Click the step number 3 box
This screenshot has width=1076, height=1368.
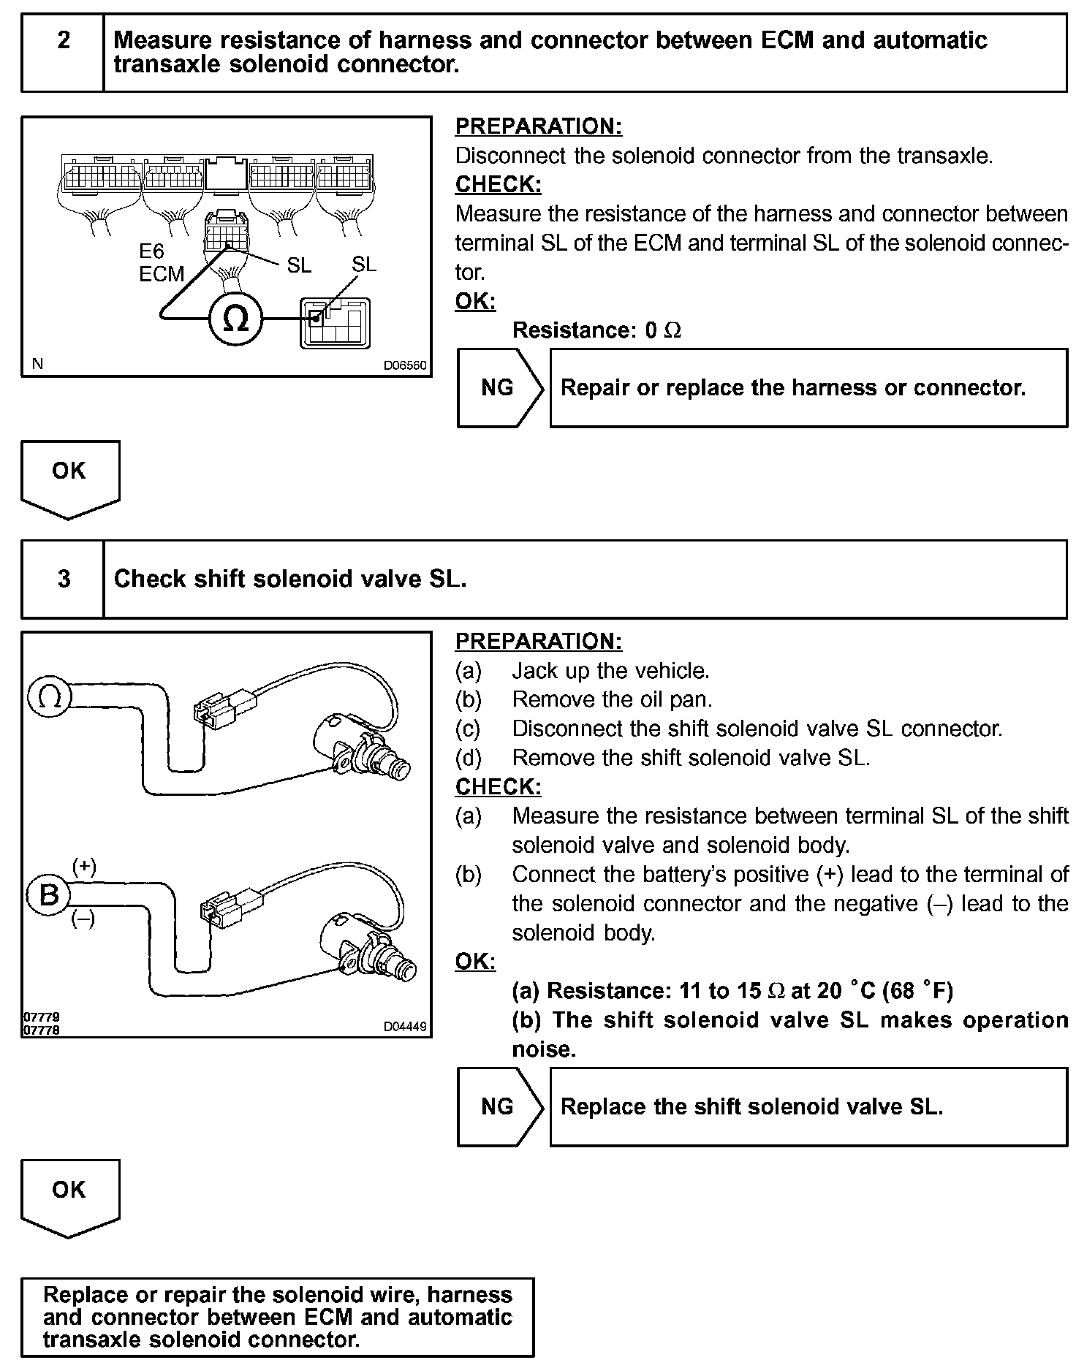pos(64,579)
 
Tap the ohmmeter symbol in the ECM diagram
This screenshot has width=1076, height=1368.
pos(235,319)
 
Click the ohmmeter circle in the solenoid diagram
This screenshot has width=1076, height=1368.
pos(49,698)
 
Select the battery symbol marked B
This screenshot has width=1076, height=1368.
pos(48,894)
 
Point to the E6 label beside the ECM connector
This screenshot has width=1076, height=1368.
pos(152,252)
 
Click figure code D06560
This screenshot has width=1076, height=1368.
pos(405,365)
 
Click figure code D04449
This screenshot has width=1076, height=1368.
pos(405,1026)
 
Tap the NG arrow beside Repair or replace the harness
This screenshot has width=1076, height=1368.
pos(500,387)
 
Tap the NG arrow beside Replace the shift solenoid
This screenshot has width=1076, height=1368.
pos(500,1106)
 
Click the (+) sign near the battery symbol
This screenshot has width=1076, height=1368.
pos(84,867)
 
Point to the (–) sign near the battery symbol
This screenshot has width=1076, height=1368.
pos(83,919)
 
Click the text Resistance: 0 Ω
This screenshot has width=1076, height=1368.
pos(596,330)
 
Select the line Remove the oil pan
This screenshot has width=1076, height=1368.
pos(612,699)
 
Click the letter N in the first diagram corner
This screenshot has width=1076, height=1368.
pos(37,364)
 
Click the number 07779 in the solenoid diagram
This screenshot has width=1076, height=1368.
pos(41,1016)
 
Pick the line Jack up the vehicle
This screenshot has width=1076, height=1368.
pos(610,670)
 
